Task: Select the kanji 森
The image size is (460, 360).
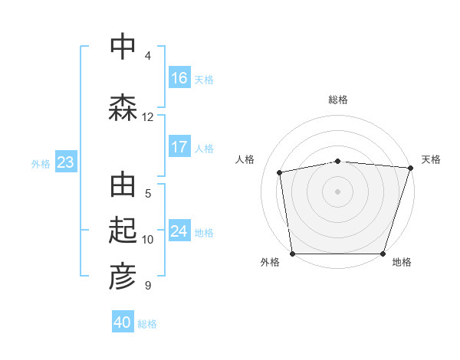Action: point(123,106)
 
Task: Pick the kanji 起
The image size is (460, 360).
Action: point(123,231)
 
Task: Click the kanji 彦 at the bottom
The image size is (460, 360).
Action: point(123,277)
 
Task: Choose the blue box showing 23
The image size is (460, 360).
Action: point(65,162)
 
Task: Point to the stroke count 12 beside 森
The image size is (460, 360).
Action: point(148,116)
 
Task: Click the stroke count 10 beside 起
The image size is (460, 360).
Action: point(148,239)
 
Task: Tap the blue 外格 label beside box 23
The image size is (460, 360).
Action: point(41,163)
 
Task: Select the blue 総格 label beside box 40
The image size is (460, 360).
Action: point(147,323)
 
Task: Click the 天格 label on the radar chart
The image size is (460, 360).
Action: point(431,159)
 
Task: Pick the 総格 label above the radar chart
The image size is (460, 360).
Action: point(338,100)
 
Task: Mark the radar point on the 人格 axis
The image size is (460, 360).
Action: point(281,172)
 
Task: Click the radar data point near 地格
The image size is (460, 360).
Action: point(383,254)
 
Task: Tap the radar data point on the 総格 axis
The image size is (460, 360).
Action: point(338,161)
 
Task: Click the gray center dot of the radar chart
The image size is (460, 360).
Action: point(338,191)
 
